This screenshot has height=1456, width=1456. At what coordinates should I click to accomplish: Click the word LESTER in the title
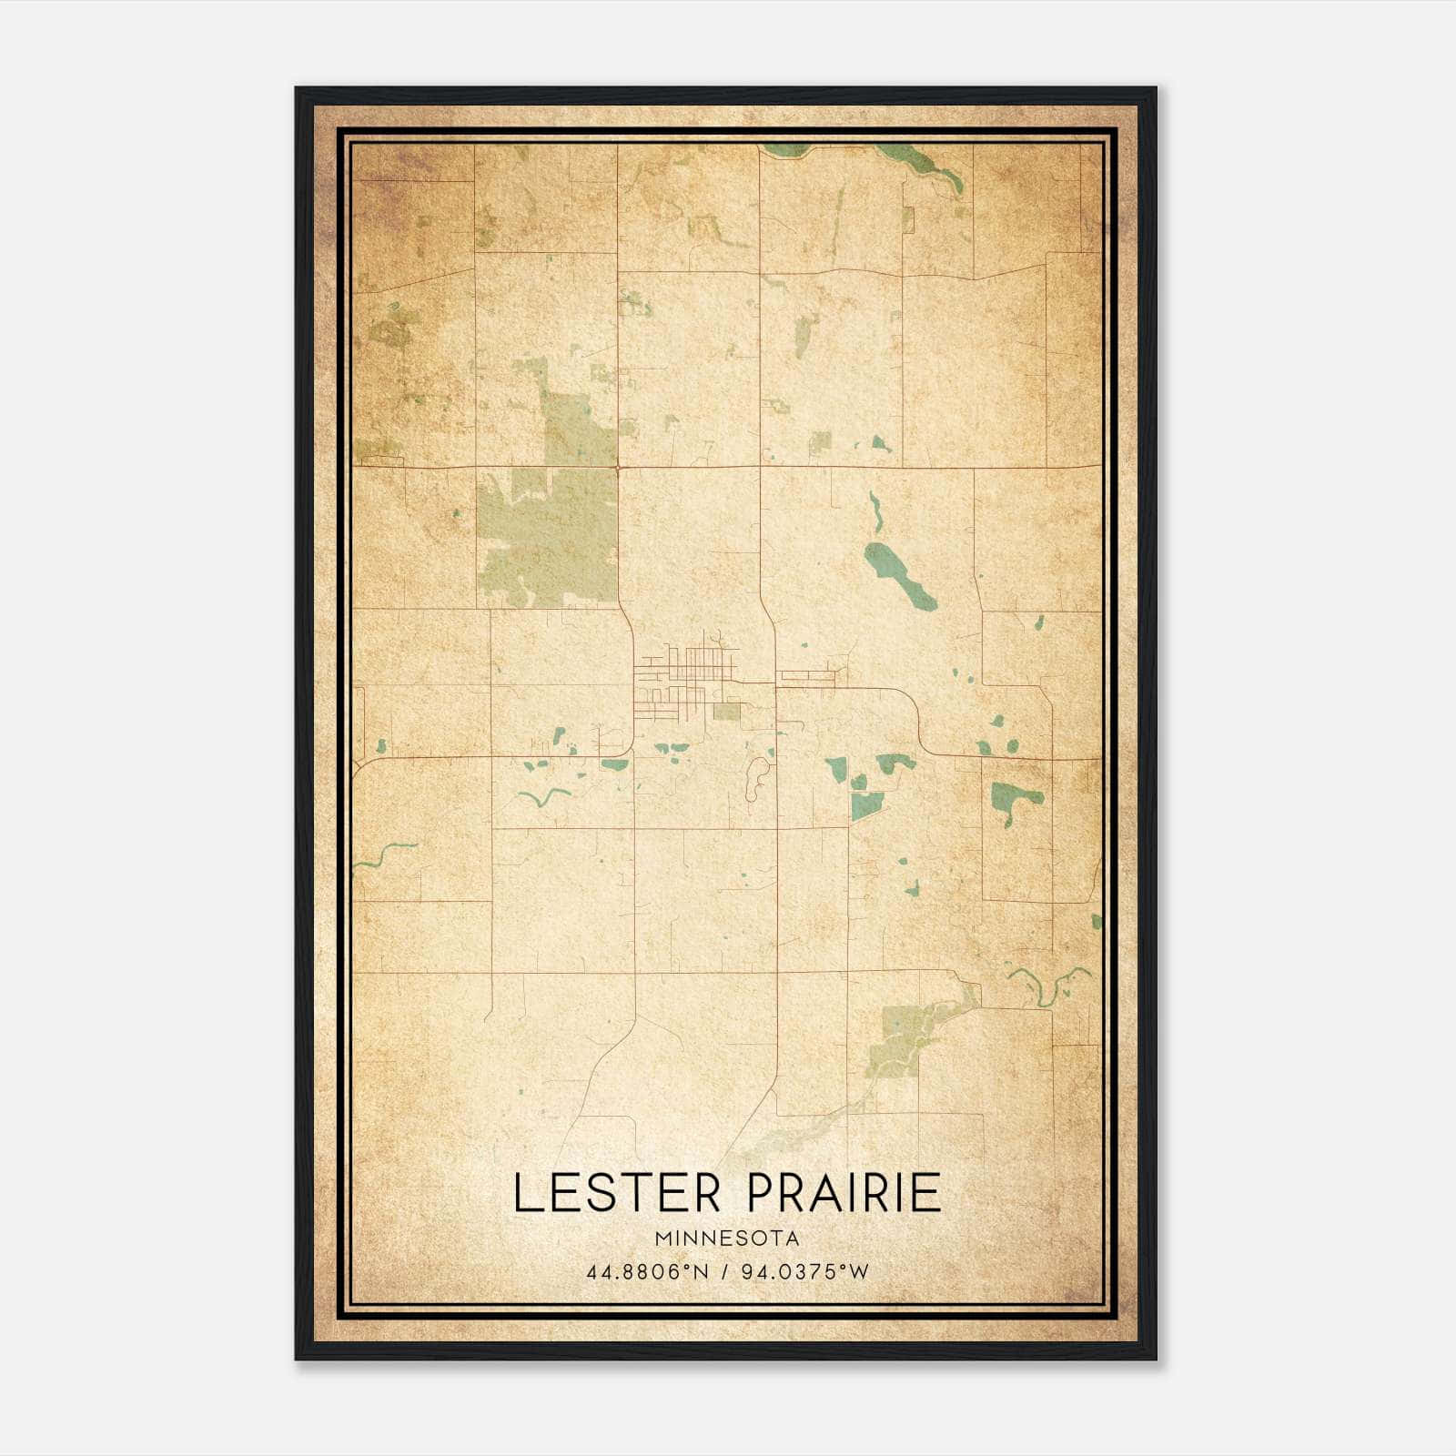coord(620,1193)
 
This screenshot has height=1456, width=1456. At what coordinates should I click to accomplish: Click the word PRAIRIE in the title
coord(844,1193)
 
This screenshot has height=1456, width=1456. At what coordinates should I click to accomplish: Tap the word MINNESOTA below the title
coord(725,1239)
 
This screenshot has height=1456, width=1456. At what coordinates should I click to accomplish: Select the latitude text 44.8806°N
coord(646,1272)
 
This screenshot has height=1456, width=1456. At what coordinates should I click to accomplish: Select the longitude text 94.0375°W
coord(805,1272)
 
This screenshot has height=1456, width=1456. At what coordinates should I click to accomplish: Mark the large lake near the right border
coord(1015,796)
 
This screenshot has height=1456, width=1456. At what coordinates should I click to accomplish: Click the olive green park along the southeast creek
coord(896,1037)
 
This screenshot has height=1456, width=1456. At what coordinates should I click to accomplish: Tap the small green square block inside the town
coord(726,712)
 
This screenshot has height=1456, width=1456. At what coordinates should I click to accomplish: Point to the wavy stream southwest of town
coord(543,796)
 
